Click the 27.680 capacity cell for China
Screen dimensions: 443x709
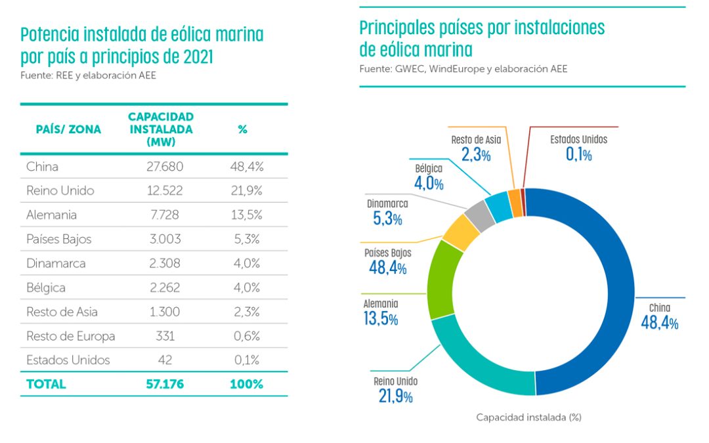tap(165, 167)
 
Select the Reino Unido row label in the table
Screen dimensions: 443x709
tap(60, 191)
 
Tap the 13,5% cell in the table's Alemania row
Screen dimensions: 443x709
tap(246, 215)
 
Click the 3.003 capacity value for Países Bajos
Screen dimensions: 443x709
tap(165, 240)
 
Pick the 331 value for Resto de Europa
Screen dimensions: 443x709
tap(165, 336)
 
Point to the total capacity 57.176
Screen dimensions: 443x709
tap(165, 385)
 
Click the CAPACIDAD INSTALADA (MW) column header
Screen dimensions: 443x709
tap(161, 129)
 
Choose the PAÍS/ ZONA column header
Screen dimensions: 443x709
tap(68, 129)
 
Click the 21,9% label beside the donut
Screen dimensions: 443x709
tap(395, 396)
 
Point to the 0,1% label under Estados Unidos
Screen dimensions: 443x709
tap(578, 155)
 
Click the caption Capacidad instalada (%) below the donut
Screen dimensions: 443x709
tap(529, 417)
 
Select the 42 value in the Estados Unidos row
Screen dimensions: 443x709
tap(165, 360)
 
